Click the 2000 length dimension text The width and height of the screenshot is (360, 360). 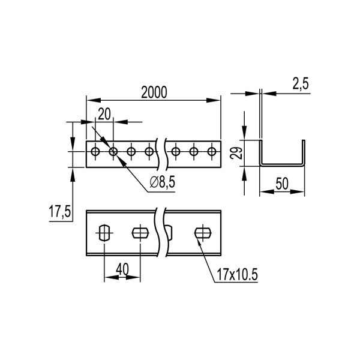coord(154,92)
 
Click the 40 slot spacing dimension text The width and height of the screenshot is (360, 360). coord(123,270)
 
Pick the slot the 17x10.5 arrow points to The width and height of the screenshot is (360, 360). coord(203,232)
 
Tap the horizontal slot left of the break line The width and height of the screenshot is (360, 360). coord(140,232)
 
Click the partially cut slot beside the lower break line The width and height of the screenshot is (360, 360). coord(170,232)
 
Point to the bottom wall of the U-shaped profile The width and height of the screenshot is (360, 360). coord(283,163)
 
